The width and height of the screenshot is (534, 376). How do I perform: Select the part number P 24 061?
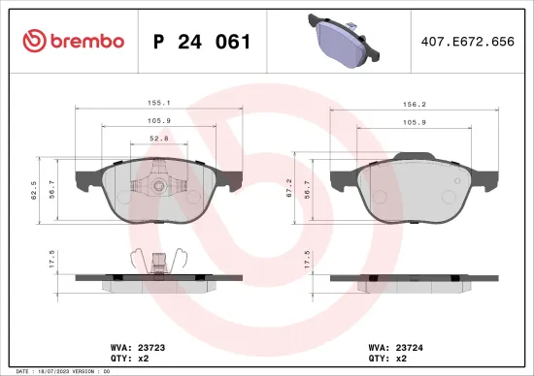click(x=203, y=42)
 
